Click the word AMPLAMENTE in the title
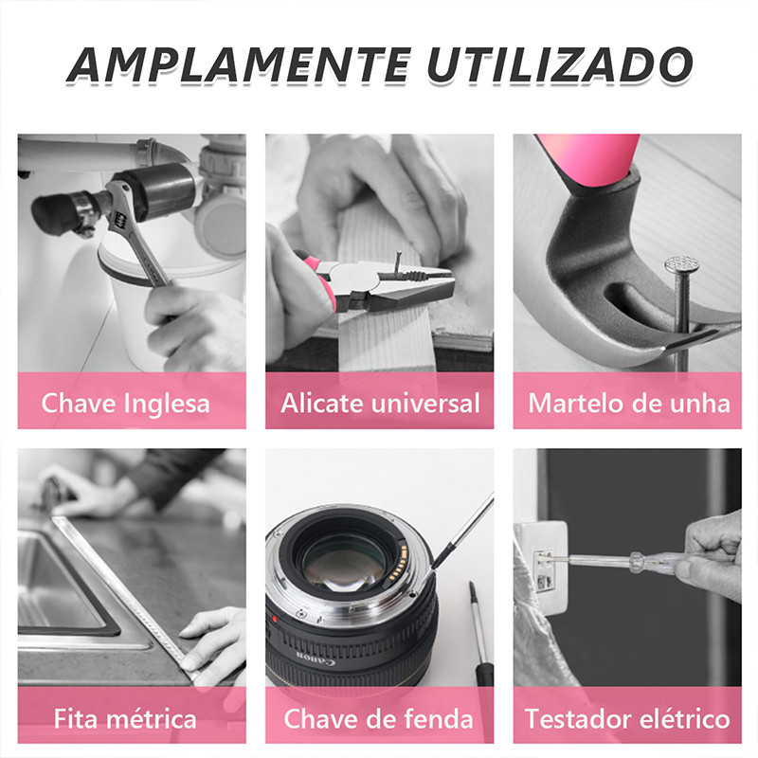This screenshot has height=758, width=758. (240, 64)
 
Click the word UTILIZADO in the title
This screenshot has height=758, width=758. (560, 64)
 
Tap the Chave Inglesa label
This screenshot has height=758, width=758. (125, 404)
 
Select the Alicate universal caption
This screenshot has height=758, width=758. (380, 404)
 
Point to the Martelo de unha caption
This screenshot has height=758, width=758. (628, 404)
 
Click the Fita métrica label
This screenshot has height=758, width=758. (125, 718)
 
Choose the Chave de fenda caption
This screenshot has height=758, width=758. (378, 718)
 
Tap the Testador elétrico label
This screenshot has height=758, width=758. (627, 718)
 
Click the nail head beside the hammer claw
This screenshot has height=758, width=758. (681, 264)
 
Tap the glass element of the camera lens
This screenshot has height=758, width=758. (344, 565)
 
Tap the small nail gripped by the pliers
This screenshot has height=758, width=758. (398, 262)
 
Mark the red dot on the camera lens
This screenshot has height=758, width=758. (276, 620)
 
